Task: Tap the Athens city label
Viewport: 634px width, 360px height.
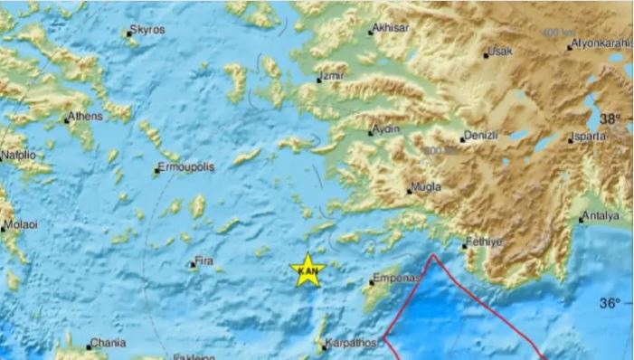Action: (86, 116)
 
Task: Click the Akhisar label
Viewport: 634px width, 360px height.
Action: (392, 28)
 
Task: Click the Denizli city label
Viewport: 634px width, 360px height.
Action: (480, 136)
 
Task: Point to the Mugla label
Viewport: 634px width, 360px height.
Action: (424, 188)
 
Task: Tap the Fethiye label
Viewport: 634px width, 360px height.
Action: (482, 242)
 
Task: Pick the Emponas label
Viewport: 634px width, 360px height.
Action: (397, 279)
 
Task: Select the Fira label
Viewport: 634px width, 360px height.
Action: (204, 262)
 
